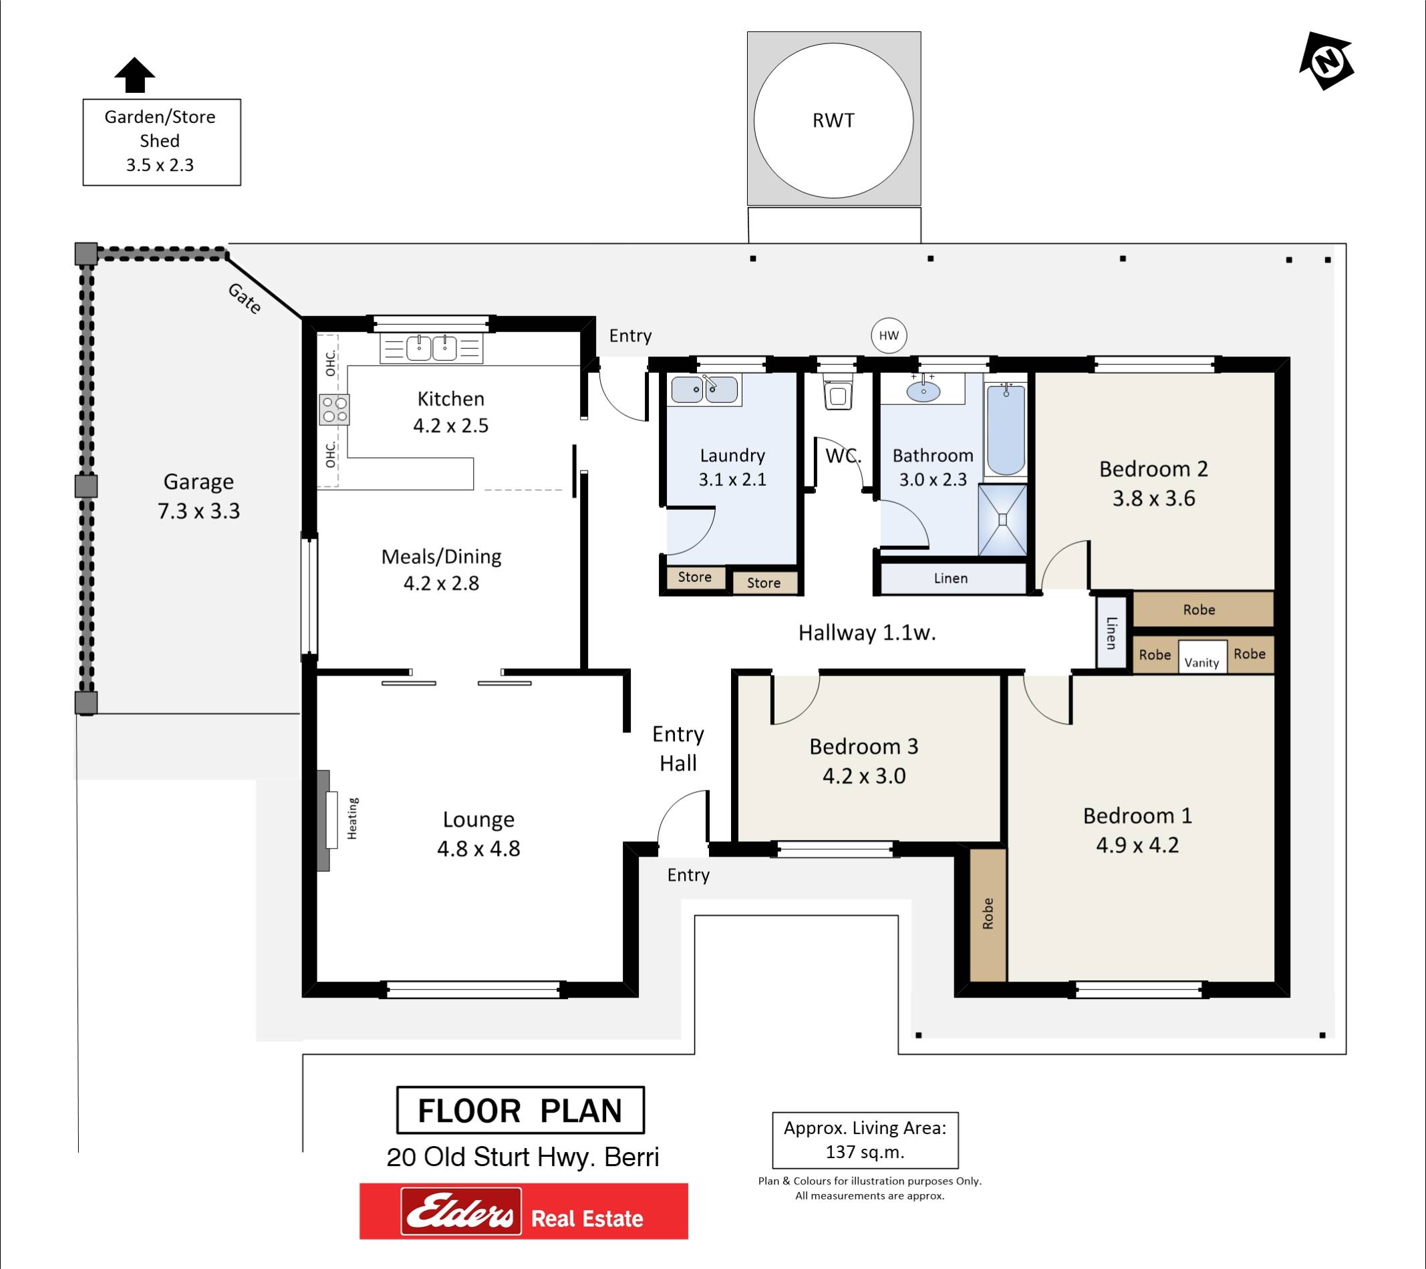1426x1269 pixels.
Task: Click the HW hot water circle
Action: [889, 335]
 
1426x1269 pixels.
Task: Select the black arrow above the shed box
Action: [134, 75]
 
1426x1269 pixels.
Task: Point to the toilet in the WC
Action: [837, 393]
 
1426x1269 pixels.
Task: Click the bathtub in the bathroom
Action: [1005, 428]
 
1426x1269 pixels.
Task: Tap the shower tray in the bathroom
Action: [1002, 521]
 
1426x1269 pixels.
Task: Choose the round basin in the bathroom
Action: [923, 391]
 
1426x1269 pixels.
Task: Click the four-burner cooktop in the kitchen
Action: [334, 410]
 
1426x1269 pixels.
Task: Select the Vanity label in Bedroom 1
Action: [1201, 663]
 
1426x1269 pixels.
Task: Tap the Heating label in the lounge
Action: [352, 819]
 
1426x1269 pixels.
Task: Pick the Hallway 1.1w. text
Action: [867, 633]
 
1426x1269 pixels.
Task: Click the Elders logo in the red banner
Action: [461, 1210]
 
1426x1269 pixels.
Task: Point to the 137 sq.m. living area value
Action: [865, 1152]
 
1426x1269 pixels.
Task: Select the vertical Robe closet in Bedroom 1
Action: [988, 915]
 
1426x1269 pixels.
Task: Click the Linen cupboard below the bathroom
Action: [951, 578]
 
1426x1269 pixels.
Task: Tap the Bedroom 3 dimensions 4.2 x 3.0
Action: [865, 777]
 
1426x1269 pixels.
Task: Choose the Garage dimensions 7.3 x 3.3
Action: [199, 511]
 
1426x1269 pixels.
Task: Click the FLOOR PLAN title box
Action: [520, 1110]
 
